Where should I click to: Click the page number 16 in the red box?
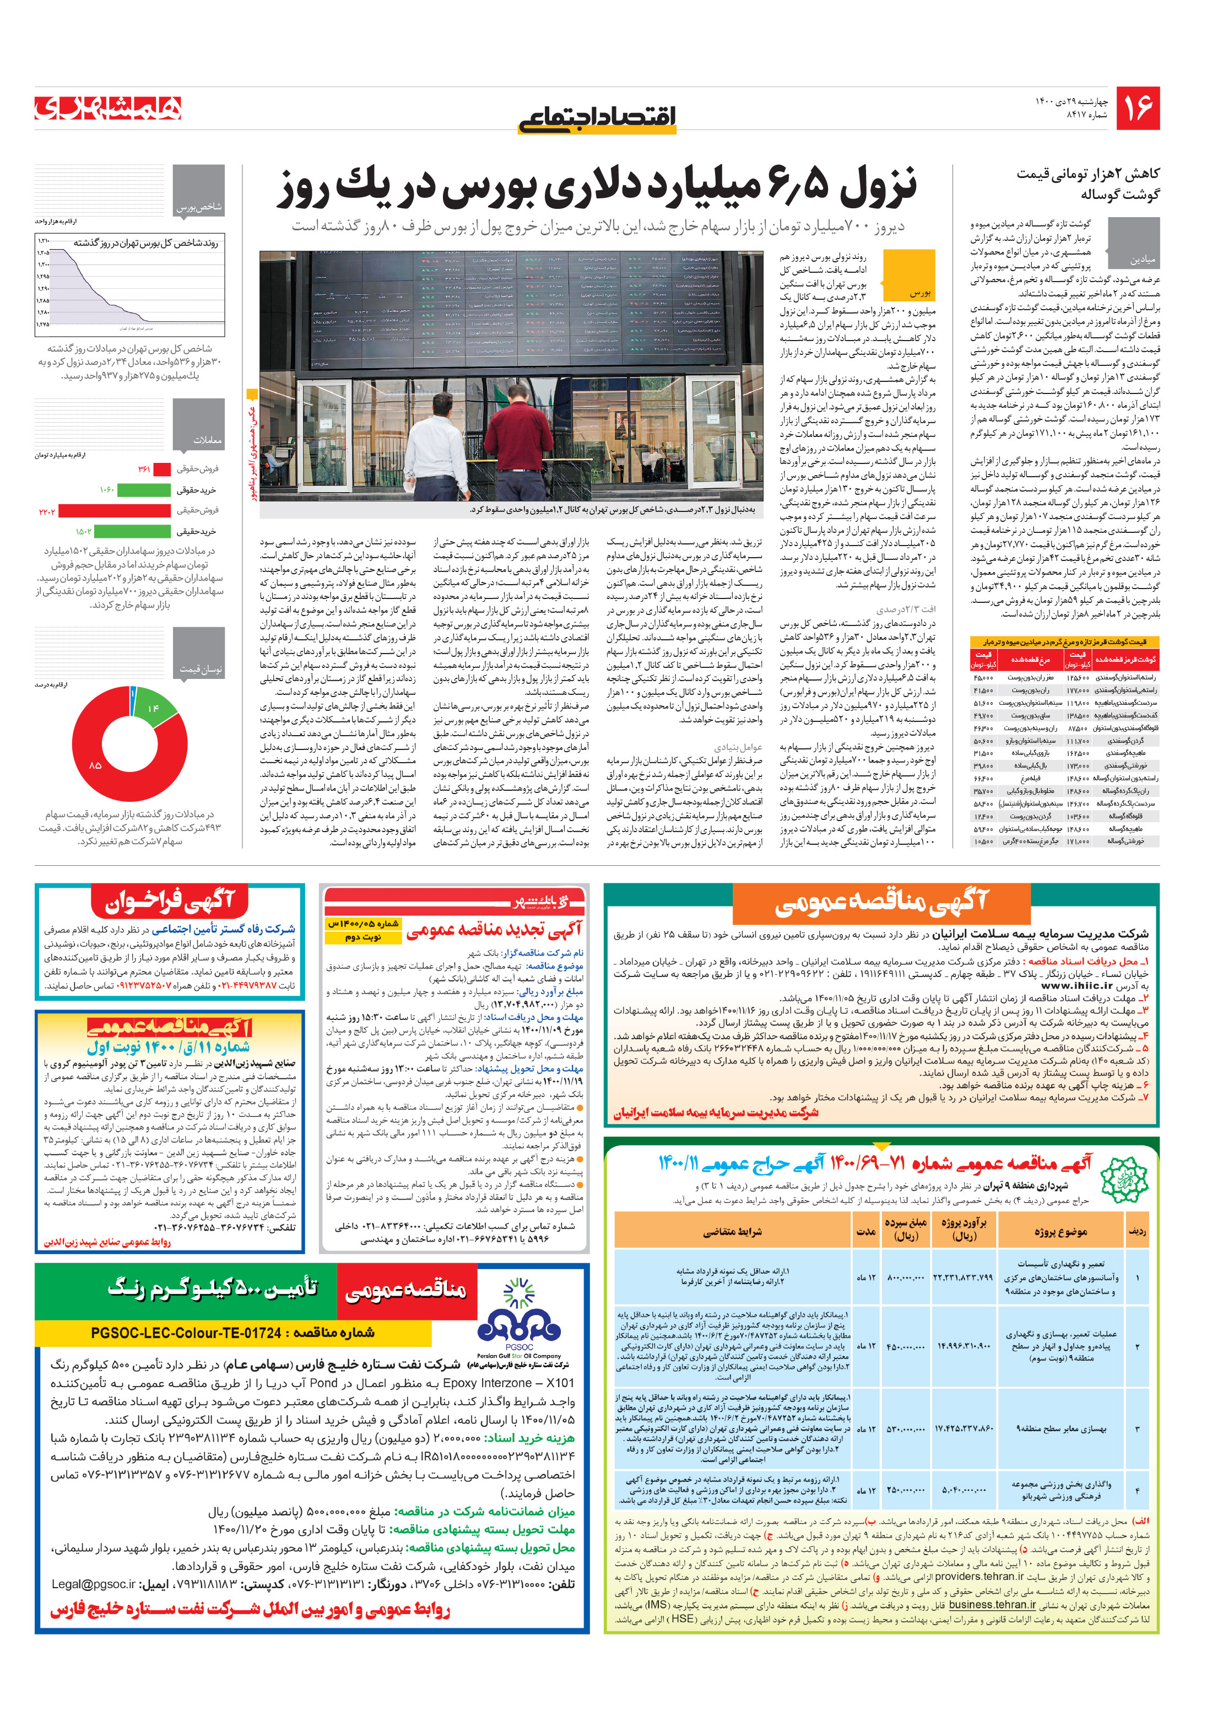[1137, 109]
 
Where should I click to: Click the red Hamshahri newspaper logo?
[108, 108]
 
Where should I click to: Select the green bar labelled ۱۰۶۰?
[143, 489]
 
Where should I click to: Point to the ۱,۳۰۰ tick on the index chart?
[43, 264]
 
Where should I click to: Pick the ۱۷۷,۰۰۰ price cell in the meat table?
[1076, 689]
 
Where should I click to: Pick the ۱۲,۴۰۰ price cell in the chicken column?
[983, 816]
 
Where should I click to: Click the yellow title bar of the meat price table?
[1063, 641]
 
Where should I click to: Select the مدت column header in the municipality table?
[865, 1232]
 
